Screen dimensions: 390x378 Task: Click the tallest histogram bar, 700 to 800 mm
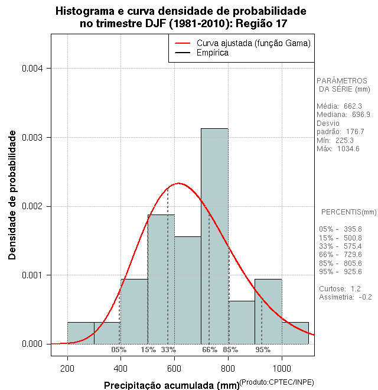coord(214,236)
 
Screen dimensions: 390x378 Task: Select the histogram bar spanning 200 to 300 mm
coord(80,333)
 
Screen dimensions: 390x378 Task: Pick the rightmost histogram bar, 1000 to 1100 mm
coord(295,333)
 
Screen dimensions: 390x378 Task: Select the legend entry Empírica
coord(213,53)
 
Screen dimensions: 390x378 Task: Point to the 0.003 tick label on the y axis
coord(32,138)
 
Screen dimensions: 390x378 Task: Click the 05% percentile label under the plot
coord(119,350)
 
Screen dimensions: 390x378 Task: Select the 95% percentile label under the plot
coord(263,350)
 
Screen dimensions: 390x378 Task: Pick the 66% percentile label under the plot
coord(210,350)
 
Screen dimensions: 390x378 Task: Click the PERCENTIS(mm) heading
coord(348,212)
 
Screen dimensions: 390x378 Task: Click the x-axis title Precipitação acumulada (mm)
coord(171,385)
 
